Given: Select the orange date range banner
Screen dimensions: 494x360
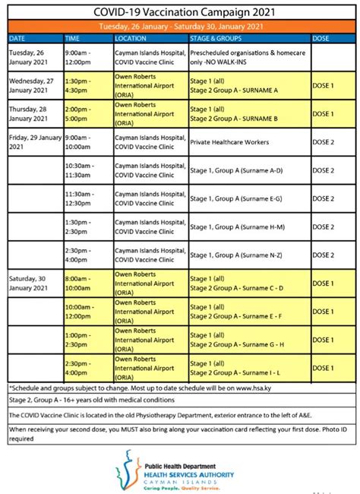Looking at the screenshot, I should pos(180,25).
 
